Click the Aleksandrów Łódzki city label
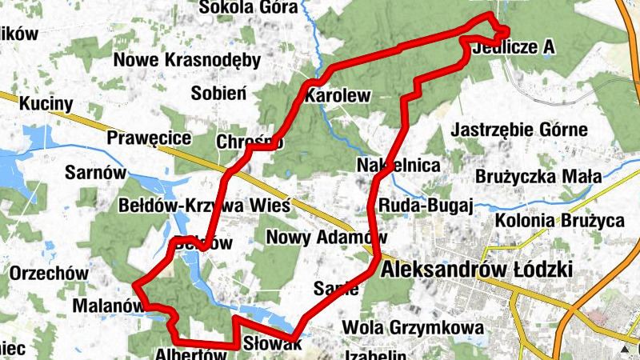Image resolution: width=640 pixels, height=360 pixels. (x=478, y=270)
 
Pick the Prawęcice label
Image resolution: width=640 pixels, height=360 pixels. (x=150, y=138)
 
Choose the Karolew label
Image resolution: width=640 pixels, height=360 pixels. (x=338, y=97)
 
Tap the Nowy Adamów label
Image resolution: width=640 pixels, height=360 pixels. (x=326, y=238)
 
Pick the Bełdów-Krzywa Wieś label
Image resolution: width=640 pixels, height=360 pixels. (x=204, y=203)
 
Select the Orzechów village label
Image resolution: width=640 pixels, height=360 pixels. (x=49, y=273)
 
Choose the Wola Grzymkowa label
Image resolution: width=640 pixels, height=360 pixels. (x=412, y=327)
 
